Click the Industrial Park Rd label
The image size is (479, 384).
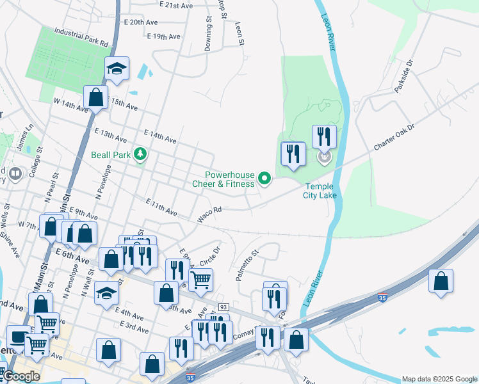pos(81,36)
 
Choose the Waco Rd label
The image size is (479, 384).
pos(209,214)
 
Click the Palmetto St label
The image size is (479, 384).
pos(245,262)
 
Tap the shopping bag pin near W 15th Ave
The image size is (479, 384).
pos(96,99)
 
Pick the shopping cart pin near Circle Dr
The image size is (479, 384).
pos(201,279)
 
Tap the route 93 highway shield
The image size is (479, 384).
pos(223,308)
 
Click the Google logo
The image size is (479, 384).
pos(20,376)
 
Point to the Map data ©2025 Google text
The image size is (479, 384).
pos(439,379)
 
